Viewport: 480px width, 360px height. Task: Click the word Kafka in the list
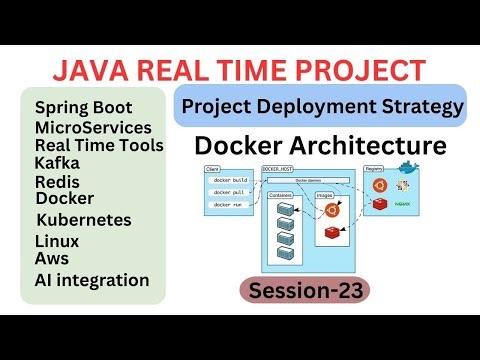(57, 162)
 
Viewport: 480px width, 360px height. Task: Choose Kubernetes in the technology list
(84, 219)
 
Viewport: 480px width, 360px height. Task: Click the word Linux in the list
(57, 241)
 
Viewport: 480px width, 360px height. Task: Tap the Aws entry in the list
(52, 258)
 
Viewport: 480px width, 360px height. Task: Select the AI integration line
(91, 280)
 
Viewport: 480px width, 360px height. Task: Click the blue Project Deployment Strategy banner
(321, 106)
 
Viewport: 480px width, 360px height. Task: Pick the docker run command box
(229, 204)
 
